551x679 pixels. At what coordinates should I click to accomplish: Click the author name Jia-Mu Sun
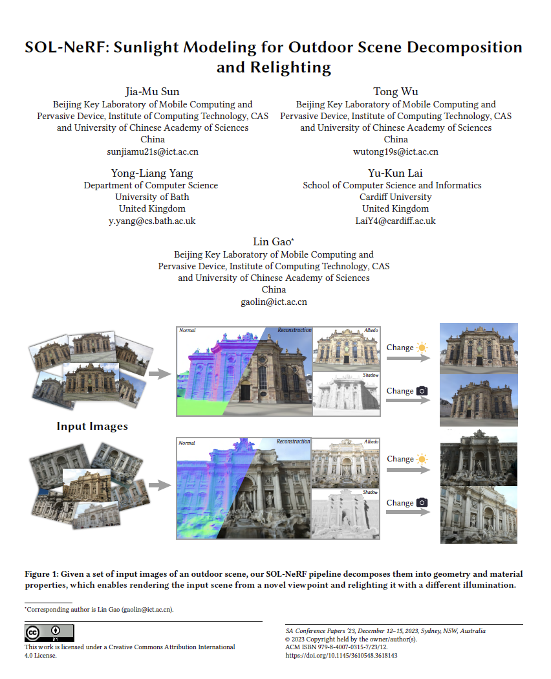(153, 91)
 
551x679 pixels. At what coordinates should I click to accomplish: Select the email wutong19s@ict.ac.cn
(396, 151)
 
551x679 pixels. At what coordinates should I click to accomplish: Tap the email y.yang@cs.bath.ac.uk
(152, 221)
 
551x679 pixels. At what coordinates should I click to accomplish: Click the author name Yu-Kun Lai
(395, 173)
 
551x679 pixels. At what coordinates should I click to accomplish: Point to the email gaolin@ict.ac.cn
(274, 302)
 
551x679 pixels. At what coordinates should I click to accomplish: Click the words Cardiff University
(395, 197)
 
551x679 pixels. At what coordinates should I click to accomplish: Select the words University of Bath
(152, 197)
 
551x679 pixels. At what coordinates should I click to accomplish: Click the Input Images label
(92, 426)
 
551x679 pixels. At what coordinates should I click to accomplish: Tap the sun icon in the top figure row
(422, 348)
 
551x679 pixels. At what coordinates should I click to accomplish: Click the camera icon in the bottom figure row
(422, 503)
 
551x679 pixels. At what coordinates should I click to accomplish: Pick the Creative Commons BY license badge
(49, 633)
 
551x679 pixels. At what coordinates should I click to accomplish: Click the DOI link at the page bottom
(341, 655)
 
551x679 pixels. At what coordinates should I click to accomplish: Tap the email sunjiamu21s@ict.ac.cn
(153, 151)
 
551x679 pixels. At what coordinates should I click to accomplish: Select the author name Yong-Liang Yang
(152, 173)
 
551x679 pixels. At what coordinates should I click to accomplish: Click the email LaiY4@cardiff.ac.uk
(395, 221)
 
